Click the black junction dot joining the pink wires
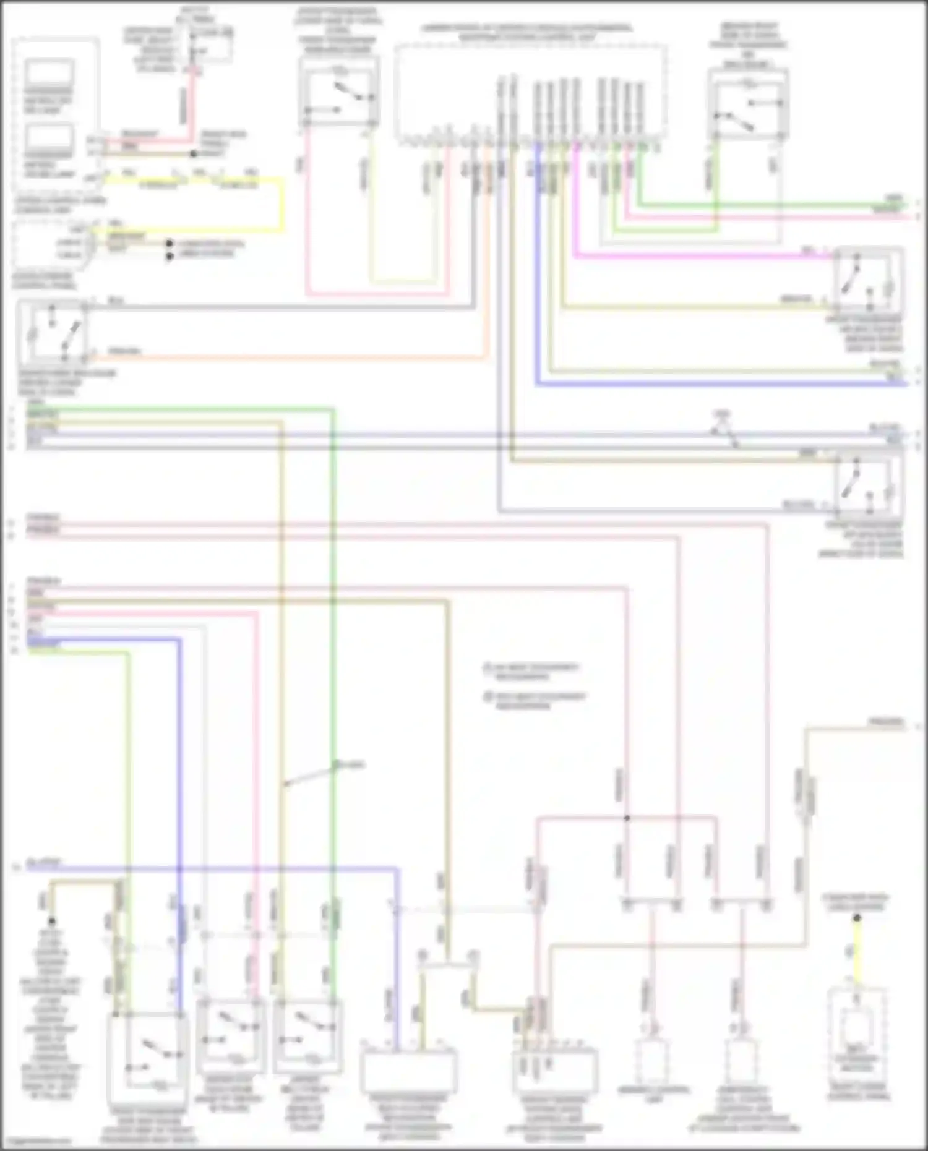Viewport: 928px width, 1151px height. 627,818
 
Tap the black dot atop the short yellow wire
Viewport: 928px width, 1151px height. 857,918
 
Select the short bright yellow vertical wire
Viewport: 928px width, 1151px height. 857,952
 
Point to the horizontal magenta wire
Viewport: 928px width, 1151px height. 699,255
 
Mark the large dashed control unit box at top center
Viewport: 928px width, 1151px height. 531,93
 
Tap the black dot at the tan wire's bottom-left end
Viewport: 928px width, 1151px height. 51,922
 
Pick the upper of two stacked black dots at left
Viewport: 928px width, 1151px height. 169,244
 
